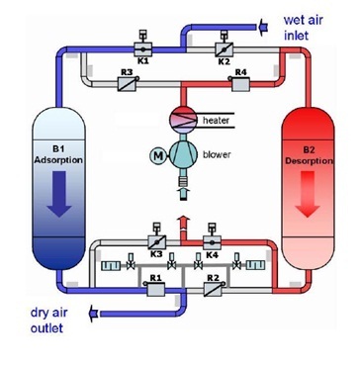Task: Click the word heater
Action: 217,119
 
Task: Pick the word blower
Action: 219,154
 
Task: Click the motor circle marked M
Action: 156,154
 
